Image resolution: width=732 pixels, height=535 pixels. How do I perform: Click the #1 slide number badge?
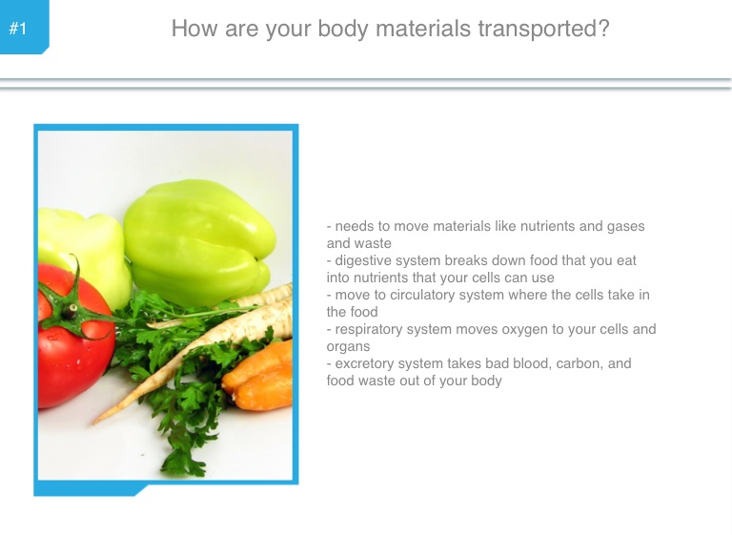23,27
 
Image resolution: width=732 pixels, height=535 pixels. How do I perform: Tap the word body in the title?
343,29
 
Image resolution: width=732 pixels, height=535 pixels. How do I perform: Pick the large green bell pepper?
198,243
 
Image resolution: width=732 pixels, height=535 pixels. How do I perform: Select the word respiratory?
369,330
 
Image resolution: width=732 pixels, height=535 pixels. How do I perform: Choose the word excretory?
365,364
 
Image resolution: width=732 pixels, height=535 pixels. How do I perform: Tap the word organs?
348,347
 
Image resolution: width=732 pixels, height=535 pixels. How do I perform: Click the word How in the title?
194,29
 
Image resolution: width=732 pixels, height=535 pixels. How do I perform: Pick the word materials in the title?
423,29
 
